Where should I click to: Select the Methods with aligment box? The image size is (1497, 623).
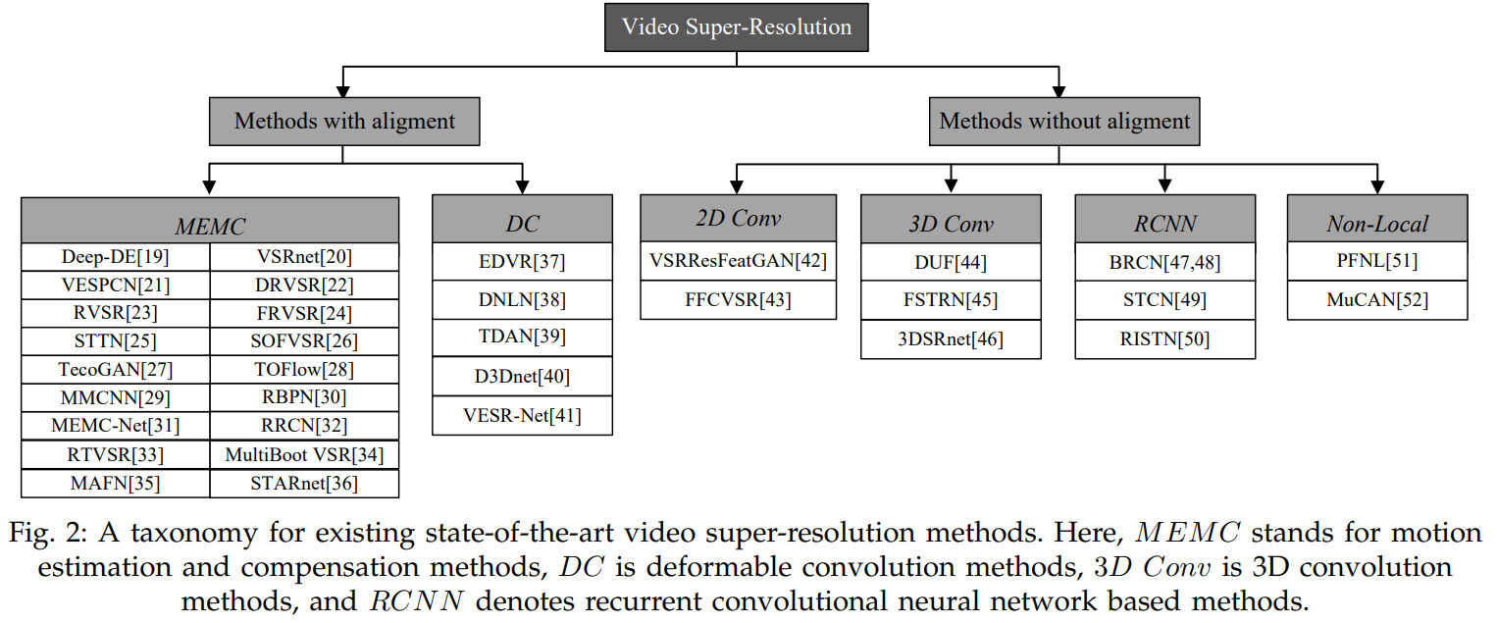pyautogui.click(x=344, y=122)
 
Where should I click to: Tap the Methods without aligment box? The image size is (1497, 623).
pyautogui.click(x=1064, y=122)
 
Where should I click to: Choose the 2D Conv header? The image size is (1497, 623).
pyautogui.click(x=738, y=219)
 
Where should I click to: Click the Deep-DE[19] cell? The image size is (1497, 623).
pyautogui.click(x=116, y=257)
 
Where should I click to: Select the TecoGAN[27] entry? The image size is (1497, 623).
pyautogui.click(x=116, y=370)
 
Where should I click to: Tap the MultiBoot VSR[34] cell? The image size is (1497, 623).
pyautogui.click(x=304, y=455)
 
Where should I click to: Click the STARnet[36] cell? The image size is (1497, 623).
pyautogui.click(x=304, y=483)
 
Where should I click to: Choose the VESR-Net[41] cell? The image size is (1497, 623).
pyautogui.click(x=522, y=415)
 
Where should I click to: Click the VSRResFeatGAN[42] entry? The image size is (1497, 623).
pyautogui.click(x=738, y=261)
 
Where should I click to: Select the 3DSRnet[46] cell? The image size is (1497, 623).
pyautogui.click(x=951, y=339)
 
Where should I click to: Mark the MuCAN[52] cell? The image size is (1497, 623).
pyautogui.click(x=1377, y=300)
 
